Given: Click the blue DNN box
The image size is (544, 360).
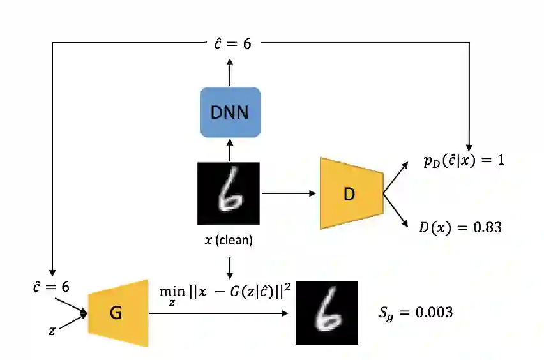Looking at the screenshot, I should pos(230,113).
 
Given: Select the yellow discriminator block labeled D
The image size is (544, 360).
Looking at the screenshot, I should pos(351,193).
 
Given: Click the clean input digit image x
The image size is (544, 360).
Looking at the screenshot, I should pos(229,193).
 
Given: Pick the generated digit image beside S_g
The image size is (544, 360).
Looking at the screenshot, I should pos(326,312).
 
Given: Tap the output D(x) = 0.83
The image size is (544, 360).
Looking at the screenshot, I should pos(460,227).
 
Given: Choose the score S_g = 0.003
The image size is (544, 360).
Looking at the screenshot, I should pos(416,312).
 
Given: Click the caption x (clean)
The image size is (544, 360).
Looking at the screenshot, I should pos(229,241).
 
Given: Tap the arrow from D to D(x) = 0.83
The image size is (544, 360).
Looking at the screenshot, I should pos(397,210).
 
